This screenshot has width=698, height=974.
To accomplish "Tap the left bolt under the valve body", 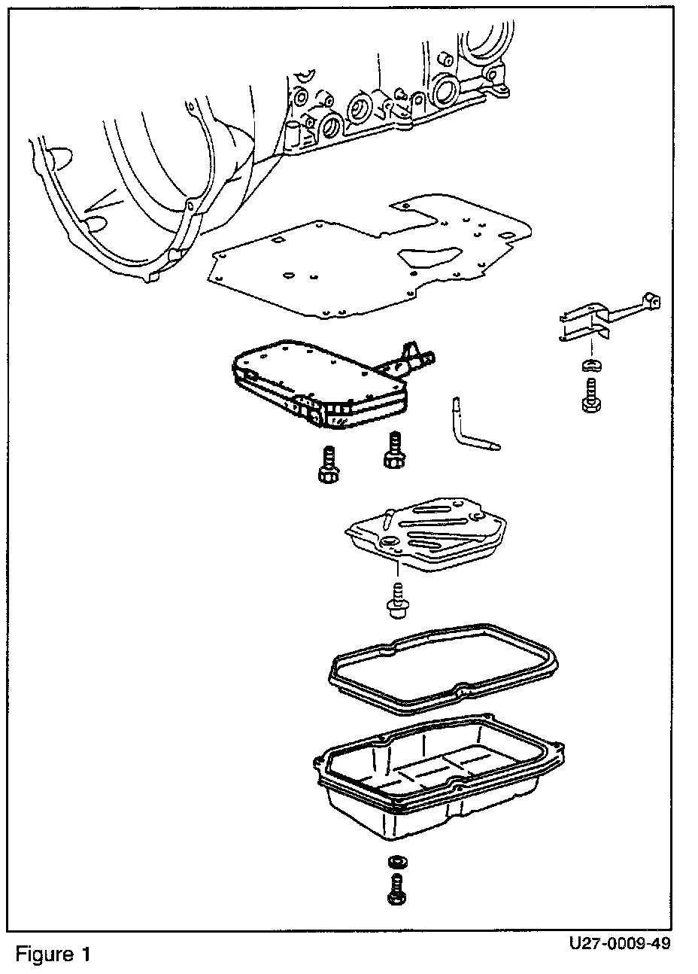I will click(x=329, y=466).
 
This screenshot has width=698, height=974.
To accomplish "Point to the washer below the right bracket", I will click(x=590, y=366).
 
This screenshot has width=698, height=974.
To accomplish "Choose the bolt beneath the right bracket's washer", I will click(x=591, y=397).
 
